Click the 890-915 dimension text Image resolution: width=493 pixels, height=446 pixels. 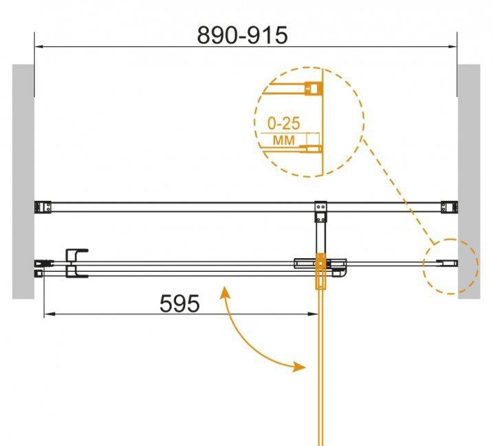[x=242, y=35]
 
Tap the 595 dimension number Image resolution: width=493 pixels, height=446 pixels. [x=179, y=304]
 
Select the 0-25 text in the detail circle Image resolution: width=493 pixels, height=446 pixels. [x=283, y=123]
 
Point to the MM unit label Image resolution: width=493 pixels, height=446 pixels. [x=284, y=140]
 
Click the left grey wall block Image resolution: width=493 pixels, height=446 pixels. [x=23, y=182]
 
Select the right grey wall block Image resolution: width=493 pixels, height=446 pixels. [x=469, y=182]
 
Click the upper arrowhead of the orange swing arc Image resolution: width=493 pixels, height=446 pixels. [x=225, y=292]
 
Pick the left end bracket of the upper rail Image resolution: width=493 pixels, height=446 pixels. [x=43, y=207]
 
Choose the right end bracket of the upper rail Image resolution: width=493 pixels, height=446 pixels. [x=449, y=207]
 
